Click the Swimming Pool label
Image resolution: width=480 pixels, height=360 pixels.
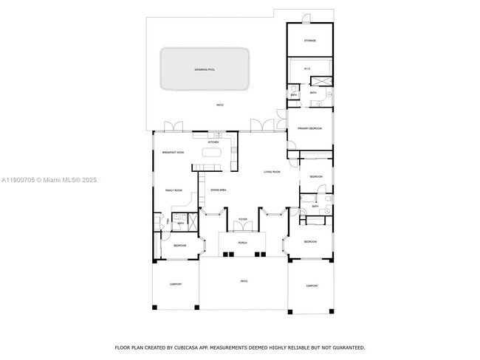[205, 69]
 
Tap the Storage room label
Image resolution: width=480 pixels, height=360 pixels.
[310, 41]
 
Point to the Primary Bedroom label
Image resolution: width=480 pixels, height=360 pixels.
[309, 128]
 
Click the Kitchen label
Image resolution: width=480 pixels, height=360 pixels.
[213, 142]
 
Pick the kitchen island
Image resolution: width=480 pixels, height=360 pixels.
[213, 153]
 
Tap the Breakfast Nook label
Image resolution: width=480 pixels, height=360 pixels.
[173, 152]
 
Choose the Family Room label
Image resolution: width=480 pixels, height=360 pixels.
[174, 190]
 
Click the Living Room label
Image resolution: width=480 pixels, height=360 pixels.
[272, 172]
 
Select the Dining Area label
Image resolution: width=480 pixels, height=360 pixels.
[218, 190]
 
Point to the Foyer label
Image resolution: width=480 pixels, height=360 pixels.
[242, 220]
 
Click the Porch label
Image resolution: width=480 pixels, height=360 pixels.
[242, 242]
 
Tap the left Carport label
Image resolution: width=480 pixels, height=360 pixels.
[175, 284]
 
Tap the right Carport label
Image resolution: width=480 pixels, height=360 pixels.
[312, 285]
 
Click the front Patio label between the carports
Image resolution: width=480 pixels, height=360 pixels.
[244, 281]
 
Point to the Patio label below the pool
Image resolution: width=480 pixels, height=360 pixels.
[219, 105]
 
